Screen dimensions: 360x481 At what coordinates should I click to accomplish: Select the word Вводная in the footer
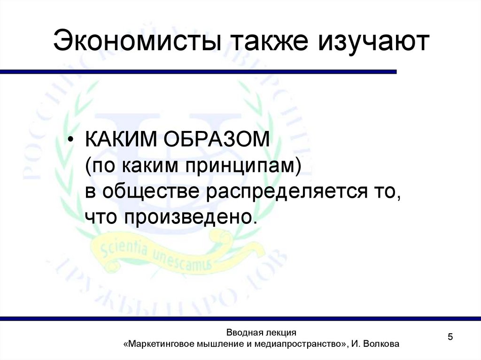click(243, 332)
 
